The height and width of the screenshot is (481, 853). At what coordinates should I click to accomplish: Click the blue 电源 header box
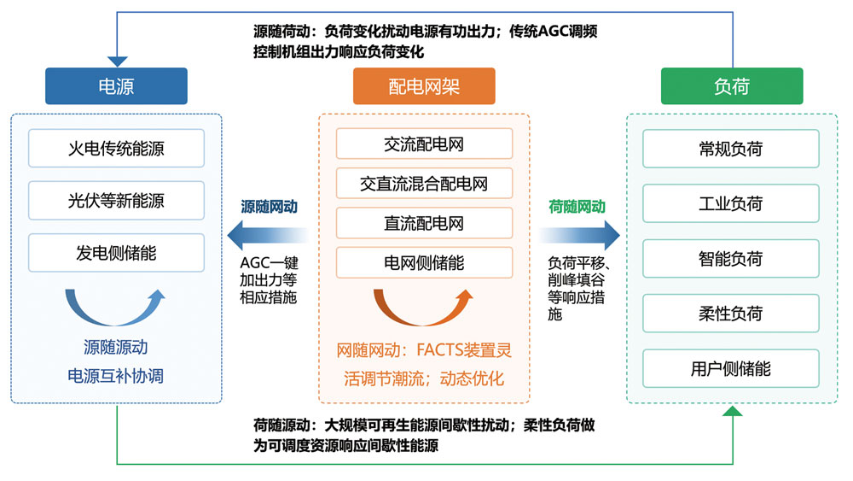(x=116, y=86)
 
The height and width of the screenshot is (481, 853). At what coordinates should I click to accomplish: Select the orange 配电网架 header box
(x=424, y=86)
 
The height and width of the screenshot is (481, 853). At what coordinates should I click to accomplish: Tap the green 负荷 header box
(x=732, y=86)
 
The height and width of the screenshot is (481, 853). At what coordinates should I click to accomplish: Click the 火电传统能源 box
(x=116, y=149)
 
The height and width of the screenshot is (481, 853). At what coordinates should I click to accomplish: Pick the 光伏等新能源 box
(x=116, y=201)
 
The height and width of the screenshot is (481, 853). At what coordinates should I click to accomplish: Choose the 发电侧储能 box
(x=116, y=253)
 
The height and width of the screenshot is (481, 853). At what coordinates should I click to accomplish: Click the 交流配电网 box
(x=424, y=144)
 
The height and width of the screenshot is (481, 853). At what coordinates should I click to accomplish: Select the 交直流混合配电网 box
(x=424, y=184)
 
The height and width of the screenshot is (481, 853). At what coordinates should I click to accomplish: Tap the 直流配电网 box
(x=424, y=223)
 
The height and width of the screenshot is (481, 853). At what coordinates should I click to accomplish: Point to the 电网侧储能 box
(x=424, y=263)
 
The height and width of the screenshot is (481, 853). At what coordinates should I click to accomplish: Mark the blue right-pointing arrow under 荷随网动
(x=577, y=232)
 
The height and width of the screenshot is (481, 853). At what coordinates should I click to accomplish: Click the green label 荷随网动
(x=577, y=206)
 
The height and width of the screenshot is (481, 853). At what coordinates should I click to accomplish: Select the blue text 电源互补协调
(x=116, y=375)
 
